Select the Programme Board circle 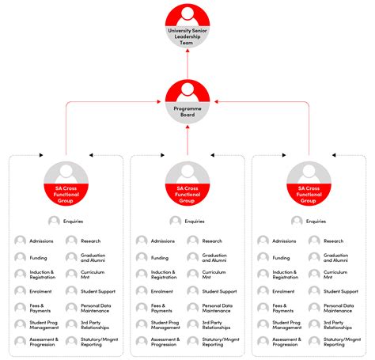point(187,100)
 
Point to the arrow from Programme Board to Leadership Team point(187,62)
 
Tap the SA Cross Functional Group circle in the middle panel point(187,183)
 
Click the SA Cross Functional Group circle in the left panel point(66,183)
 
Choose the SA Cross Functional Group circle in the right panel point(309,183)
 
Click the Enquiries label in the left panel point(73,222)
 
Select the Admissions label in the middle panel point(163,241)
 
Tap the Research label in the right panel point(334,241)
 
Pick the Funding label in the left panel point(39,258)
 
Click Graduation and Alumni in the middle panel point(214,258)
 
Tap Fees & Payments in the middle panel point(162,309)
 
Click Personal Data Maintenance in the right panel point(339,309)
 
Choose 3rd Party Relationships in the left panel point(96,325)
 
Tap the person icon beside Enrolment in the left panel point(20,291)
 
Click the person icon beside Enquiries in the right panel point(296,222)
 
